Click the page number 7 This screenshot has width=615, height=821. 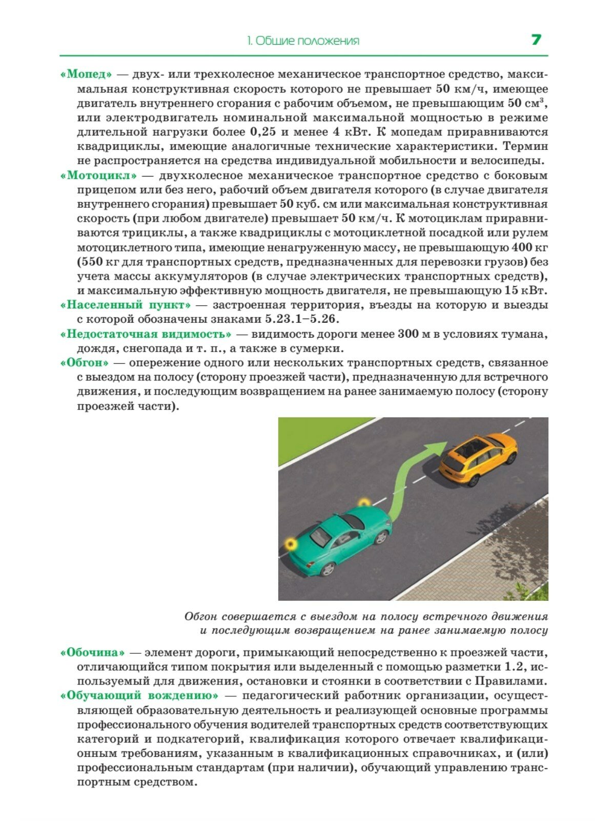pos(536,40)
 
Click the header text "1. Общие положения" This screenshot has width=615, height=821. pos(303,41)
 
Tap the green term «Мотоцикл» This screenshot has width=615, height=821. pos(99,175)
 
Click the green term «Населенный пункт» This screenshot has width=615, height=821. pos(126,305)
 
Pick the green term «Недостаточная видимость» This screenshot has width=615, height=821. pos(146,334)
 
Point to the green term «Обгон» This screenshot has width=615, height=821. pos(85,363)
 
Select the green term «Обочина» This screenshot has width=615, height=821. pos(93,653)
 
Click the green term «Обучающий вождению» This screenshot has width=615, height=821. pos(139,696)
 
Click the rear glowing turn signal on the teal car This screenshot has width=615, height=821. pos(291,543)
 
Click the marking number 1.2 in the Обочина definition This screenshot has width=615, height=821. pos(517,667)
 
